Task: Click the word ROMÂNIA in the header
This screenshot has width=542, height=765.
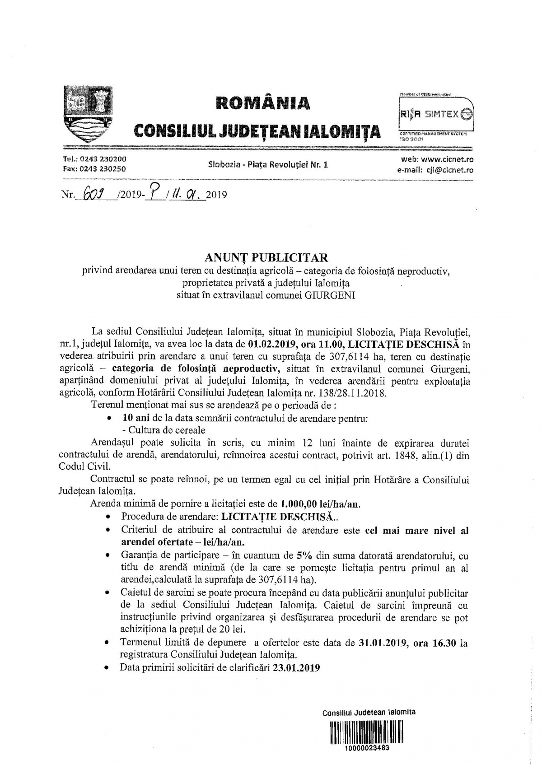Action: tap(263, 103)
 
